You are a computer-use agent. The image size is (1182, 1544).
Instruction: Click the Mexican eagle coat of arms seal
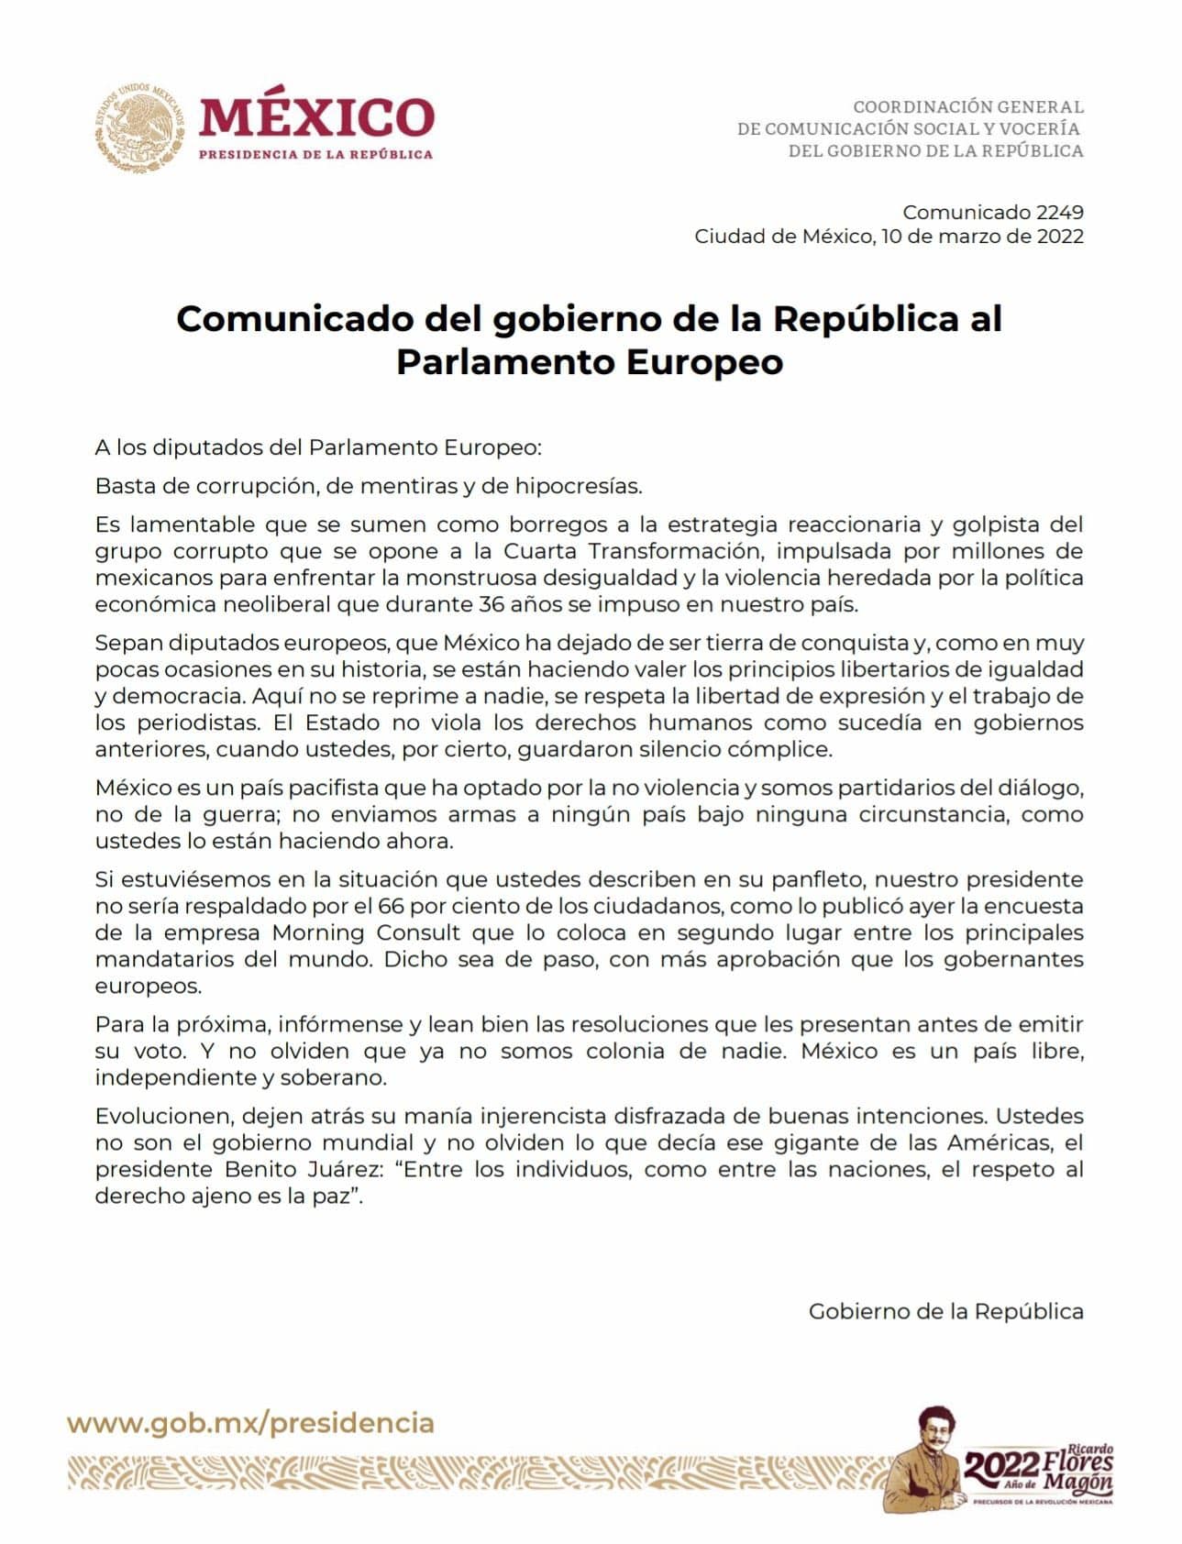coord(139,127)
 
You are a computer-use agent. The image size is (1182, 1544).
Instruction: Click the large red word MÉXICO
coord(316,117)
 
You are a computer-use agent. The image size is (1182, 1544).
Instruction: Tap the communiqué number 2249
coord(1059,213)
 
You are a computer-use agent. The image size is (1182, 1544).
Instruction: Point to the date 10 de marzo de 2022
coord(982,237)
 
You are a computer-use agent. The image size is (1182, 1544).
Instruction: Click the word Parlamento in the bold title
coord(504,362)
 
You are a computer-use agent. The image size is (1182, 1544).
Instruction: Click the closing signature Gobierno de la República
coord(945,1311)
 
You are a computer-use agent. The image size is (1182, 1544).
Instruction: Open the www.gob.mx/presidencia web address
coord(250,1423)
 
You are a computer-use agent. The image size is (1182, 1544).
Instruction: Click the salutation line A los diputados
coord(318,447)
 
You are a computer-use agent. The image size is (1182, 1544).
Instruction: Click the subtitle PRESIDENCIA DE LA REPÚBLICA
coord(316,154)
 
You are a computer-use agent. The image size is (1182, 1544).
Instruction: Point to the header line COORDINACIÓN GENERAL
coord(968,107)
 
